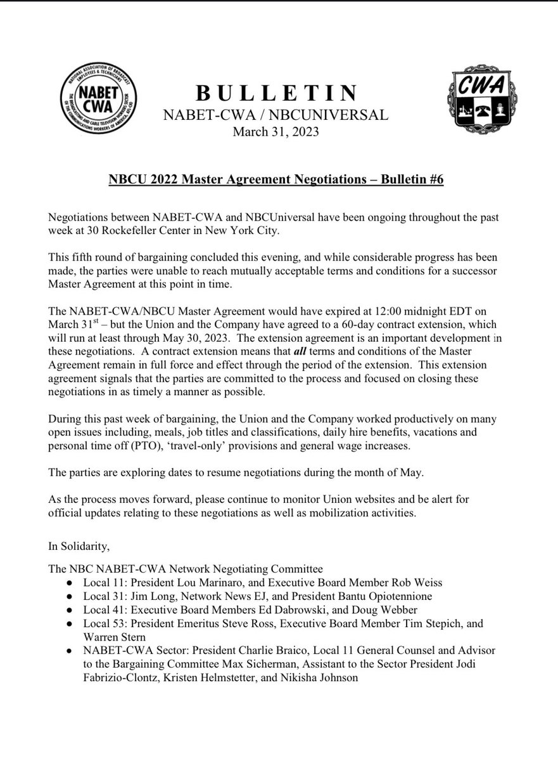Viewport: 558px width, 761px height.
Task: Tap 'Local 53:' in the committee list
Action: (104, 623)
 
